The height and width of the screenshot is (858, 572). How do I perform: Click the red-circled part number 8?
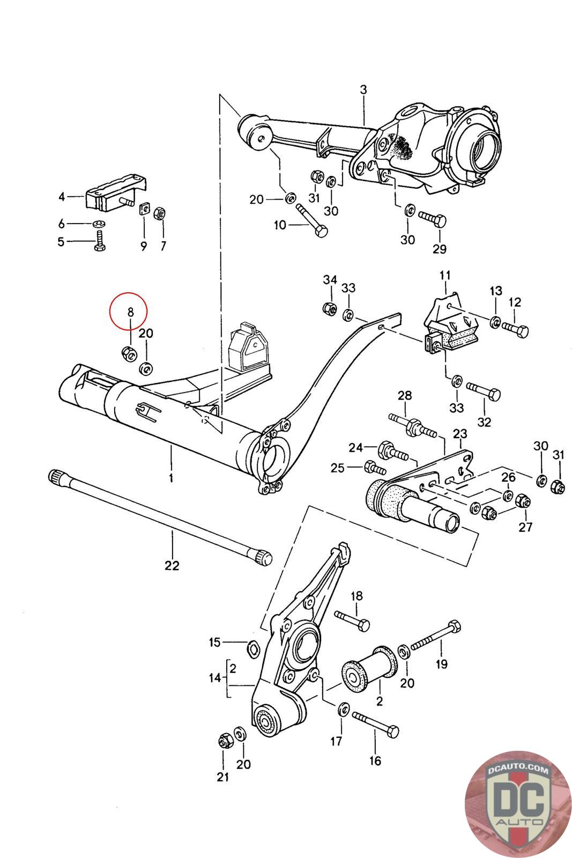(131, 312)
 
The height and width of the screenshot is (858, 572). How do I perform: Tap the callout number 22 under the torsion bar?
(172, 566)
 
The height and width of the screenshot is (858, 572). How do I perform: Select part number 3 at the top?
(363, 90)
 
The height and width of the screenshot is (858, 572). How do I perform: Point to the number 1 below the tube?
(171, 478)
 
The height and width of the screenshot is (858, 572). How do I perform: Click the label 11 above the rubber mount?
(445, 276)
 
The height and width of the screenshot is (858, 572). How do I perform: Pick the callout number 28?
(405, 395)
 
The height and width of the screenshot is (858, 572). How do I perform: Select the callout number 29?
(440, 249)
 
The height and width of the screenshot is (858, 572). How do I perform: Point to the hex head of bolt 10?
(321, 231)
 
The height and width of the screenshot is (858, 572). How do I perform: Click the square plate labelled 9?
(144, 209)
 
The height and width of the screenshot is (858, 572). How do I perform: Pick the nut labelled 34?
(330, 308)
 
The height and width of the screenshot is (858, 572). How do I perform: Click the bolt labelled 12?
(515, 330)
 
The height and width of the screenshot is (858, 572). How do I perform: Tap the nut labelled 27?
(523, 500)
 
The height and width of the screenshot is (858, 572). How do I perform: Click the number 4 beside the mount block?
(62, 197)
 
